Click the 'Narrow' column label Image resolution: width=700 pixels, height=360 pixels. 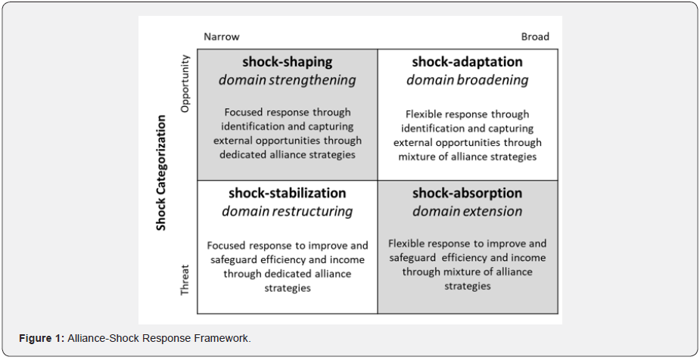221,36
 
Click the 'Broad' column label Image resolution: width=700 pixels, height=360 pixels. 535,36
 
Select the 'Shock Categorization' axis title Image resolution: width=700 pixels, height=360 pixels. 160,172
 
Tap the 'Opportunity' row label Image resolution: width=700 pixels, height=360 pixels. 184,83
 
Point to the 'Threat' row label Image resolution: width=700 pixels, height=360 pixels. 184,279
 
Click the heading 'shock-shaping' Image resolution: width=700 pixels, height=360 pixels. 287,62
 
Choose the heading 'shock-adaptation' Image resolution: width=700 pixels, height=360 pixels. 467,62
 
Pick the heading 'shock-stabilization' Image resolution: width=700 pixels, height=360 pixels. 287,193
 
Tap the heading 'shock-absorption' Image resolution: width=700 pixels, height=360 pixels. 467,193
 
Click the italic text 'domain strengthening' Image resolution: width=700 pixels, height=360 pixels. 287,80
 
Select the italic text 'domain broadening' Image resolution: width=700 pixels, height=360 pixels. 467,80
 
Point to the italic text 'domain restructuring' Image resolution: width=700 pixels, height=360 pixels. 287,211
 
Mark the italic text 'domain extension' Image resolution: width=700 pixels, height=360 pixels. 467,211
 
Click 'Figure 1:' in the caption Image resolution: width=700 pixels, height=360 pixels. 42,338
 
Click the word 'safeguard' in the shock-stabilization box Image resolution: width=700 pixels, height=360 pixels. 232,259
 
